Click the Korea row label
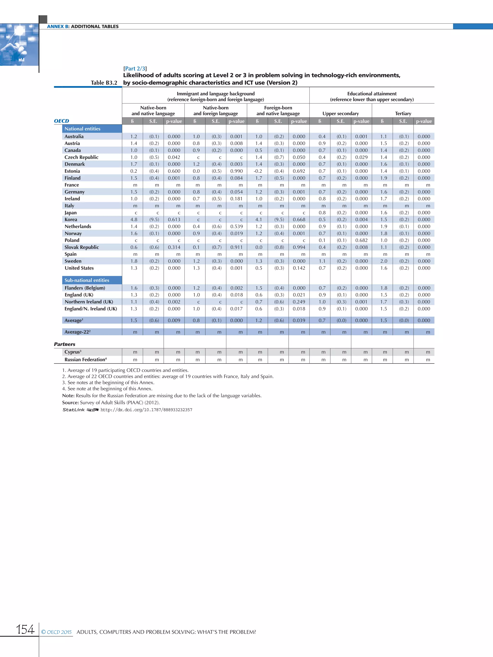[x=71, y=219]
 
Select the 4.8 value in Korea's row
[x=134, y=219]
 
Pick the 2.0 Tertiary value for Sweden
[x=384, y=261]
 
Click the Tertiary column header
[x=403, y=114]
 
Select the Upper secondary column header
[x=341, y=114]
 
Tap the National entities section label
[x=82, y=129]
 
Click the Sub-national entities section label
[x=87, y=280]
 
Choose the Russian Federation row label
[x=85, y=360]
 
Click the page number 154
[x=25, y=629]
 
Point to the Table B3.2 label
[x=104, y=83]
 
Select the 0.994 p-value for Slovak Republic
[x=299, y=247]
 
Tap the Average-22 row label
[x=77, y=332]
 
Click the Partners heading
[x=65, y=344]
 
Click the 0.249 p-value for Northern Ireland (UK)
[x=299, y=302]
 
